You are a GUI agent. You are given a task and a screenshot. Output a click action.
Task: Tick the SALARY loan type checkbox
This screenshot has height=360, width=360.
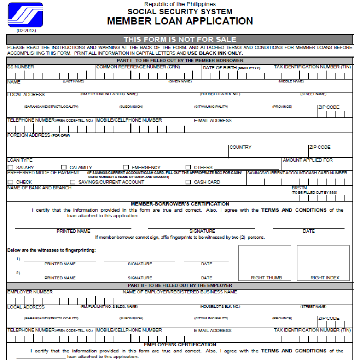pyautogui.click(x=10, y=167)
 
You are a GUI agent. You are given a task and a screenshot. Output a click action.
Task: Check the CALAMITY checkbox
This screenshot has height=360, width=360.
pyautogui.click(x=64, y=167)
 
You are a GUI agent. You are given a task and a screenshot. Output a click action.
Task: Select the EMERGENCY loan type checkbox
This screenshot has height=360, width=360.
pyautogui.click(x=126, y=167)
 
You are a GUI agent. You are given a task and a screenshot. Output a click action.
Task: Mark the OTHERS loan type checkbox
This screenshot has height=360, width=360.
pyautogui.click(x=188, y=167)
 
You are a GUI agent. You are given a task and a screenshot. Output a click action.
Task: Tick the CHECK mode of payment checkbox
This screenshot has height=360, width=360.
pyautogui.click(x=10, y=182)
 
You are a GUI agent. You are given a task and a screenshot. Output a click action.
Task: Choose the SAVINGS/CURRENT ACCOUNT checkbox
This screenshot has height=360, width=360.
pyautogui.click(x=72, y=182)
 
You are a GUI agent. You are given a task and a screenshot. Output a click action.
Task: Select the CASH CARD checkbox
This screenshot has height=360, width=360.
pyautogui.click(x=188, y=182)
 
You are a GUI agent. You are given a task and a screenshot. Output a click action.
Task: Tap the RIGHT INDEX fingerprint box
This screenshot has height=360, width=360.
pyautogui.click(x=323, y=262)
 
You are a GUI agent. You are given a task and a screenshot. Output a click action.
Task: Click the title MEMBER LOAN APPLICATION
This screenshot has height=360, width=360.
pyautogui.click(x=180, y=21)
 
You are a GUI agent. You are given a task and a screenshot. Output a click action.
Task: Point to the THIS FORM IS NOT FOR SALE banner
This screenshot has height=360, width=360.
pyautogui.click(x=180, y=39)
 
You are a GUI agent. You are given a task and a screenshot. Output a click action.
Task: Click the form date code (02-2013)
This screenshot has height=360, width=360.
pyautogui.click(x=26, y=31)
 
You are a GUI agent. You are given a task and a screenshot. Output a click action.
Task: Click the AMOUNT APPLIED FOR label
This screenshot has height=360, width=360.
pyautogui.click(x=308, y=160)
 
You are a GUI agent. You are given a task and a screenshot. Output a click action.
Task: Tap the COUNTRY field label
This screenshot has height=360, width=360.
pyautogui.click(x=240, y=147)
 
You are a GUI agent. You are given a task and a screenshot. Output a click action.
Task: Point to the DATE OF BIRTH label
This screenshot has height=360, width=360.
pyautogui.click(x=220, y=67)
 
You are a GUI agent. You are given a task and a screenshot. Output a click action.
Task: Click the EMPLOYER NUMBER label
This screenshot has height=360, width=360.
pyautogui.click(x=30, y=292)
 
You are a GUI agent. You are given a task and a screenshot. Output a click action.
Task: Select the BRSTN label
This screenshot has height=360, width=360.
pyautogui.click(x=299, y=188)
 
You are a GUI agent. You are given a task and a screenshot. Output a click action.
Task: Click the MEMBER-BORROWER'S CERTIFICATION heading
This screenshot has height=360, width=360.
pyautogui.click(x=180, y=204)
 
